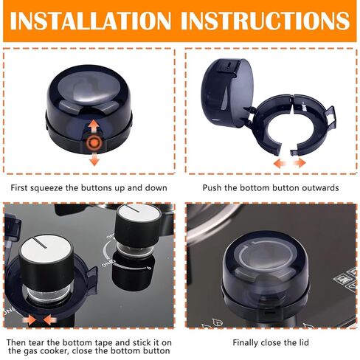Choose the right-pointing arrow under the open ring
click(x=299, y=162)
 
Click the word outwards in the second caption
click(x=319, y=187)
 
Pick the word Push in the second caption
click(x=212, y=187)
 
